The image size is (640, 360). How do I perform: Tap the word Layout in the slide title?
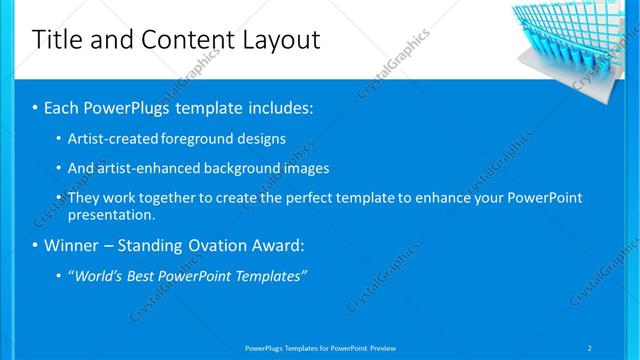(278, 40)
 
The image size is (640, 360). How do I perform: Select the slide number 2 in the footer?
(590, 347)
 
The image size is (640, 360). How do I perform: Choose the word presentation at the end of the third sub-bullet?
(110, 214)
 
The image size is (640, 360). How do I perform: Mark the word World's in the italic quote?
(99, 275)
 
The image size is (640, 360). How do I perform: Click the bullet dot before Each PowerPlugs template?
(35, 107)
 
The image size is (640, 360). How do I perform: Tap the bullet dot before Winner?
(35, 245)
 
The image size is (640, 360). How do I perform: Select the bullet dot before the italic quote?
(59, 275)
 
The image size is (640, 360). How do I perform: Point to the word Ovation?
(218, 245)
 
